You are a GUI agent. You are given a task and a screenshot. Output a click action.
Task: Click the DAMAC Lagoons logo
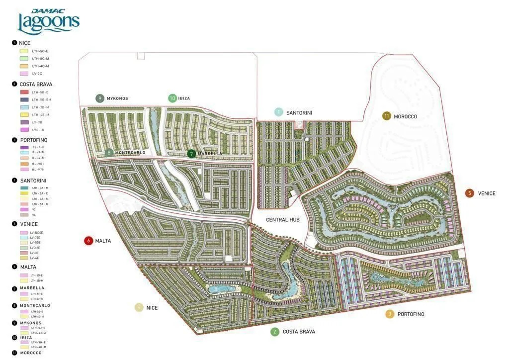48,21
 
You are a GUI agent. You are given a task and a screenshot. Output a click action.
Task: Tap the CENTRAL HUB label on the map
283,219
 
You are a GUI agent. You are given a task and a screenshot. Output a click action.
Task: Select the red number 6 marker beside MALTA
89,241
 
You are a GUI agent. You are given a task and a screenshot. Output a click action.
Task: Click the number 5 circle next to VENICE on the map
470,193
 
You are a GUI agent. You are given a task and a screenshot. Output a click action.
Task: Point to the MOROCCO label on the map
405,116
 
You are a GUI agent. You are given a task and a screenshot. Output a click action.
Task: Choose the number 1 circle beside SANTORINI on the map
279,112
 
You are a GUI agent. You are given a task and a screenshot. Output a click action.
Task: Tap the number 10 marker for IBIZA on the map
172,98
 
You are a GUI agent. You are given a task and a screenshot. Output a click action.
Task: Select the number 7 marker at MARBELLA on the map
191,154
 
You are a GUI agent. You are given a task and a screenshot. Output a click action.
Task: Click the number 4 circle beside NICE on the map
139,308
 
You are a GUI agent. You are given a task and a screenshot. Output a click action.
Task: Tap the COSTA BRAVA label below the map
299,332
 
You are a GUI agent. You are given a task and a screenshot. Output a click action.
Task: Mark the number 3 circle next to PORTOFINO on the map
390,314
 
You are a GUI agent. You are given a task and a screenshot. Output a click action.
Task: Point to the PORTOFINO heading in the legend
33,140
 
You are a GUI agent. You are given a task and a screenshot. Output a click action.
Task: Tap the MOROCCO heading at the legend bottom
31,353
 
